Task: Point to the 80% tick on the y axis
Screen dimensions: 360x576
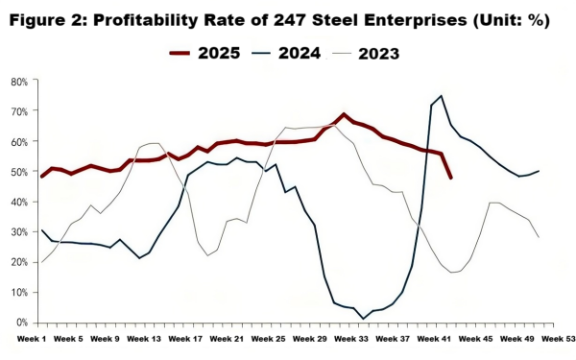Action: [x=18, y=83]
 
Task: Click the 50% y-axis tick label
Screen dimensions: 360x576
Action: [x=18, y=172]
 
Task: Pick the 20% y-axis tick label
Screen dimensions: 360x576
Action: [x=18, y=262]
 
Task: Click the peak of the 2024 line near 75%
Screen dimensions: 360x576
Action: [x=441, y=96]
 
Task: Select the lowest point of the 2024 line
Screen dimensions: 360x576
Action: [x=363, y=318]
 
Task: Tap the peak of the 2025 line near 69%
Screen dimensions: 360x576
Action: [x=344, y=115]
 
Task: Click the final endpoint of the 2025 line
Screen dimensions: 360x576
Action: [x=451, y=178]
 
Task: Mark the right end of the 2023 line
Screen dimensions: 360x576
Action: [x=538, y=237]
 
